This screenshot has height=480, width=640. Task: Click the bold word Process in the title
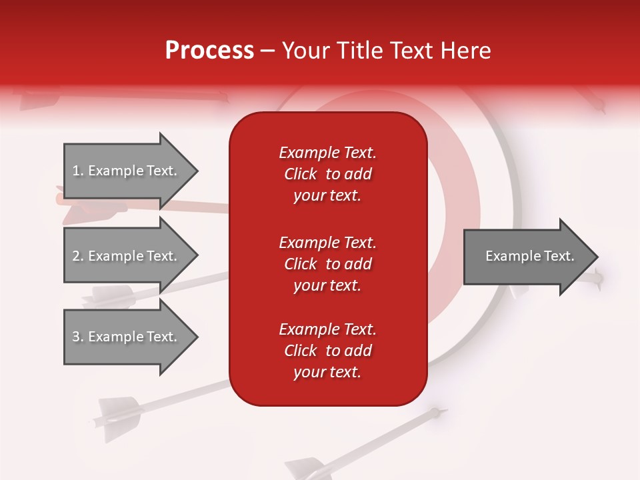point(209,51)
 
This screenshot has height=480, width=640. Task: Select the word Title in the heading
point(359,51)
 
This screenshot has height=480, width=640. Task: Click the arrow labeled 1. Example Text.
point(125,171)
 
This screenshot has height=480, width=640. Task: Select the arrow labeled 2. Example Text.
point(125,256)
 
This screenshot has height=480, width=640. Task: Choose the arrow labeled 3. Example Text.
point(125,337)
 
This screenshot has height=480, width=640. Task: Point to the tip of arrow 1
point(196,171)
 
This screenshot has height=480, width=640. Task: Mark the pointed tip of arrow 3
point(196,337)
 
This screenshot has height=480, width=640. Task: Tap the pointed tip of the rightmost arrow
point(597,257)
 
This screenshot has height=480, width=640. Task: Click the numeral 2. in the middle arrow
point(78,256)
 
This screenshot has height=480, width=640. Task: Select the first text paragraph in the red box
point(327,174)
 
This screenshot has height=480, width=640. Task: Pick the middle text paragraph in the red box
point(327,264)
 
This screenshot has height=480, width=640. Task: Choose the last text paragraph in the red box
point(327,351)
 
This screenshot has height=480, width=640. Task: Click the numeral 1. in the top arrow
point(78,171)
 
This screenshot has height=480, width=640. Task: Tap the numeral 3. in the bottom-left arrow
point(78,337)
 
